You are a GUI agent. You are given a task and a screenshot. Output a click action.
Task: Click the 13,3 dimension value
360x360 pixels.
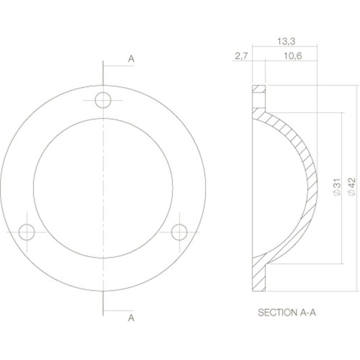pos(287,42)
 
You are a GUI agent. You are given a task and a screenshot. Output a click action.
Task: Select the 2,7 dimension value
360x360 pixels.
pos(241,56)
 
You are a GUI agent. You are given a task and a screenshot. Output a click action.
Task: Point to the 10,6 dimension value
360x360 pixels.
pos(293,56)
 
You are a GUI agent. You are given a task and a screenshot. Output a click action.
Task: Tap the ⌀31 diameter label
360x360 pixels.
pos(337,186)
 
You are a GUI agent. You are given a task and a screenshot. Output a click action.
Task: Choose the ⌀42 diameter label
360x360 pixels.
pos(351,186)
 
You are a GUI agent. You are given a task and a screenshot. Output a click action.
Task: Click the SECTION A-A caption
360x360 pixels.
pos(287,312)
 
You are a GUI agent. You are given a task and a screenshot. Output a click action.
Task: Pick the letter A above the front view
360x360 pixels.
pos(131,58)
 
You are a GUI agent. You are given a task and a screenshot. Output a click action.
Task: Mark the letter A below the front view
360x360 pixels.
pos(131,318)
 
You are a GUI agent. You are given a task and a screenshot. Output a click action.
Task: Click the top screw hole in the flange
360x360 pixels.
pos(103,100)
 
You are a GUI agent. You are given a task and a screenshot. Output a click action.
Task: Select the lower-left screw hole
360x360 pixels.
pos(27,232)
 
